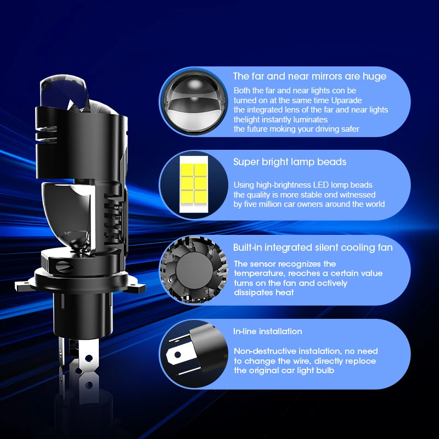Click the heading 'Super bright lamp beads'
pyautogui.click(x=290, y=162)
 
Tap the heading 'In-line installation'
pyautogui.click(x=268, y=331)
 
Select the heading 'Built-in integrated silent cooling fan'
pyautogui.click(x=313, y=247)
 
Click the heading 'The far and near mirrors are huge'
pyautogui.click(x=309, y=76)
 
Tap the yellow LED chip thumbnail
pyautogui.click(x=194, y=184)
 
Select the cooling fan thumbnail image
pyautogui.click(x=194, y=270)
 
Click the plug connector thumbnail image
pyautogui.click(x=196, y=353)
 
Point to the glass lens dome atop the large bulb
pyautogui.click(x=63, y=91)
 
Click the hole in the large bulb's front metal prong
pyautogui.click(x=88, y=357)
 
